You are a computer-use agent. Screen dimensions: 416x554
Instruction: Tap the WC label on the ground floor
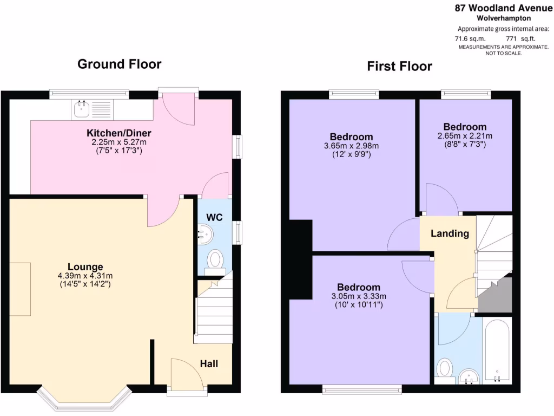point(214,217)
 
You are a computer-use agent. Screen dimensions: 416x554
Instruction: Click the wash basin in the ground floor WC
point(206,235)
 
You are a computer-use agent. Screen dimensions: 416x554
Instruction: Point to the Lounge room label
point(85,266)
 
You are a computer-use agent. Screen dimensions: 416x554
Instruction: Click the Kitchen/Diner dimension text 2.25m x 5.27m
point(118,142)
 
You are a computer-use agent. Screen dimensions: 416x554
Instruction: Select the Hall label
point(209,363)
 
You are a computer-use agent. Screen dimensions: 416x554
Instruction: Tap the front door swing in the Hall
point(184,374)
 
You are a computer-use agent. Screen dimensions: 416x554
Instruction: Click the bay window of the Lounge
point(85,398)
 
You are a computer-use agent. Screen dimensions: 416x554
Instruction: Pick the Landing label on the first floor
point(450,233)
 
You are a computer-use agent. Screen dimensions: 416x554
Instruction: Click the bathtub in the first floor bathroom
point(496,350)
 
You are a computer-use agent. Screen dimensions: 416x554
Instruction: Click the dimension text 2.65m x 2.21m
point(465,136)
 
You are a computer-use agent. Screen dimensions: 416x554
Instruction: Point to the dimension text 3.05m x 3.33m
point(359,296)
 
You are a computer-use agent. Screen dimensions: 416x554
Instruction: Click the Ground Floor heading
point(119,64)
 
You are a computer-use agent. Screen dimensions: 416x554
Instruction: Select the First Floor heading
point(399,66)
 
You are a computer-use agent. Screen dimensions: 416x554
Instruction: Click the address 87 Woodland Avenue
point(503,8)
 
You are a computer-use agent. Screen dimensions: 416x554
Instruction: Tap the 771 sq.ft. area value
point(519,38)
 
